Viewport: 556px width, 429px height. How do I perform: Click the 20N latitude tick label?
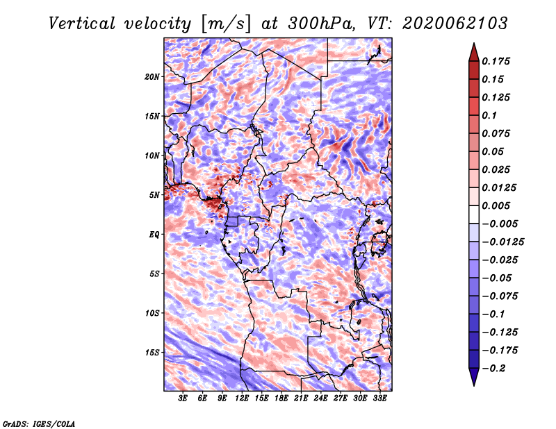tap(152, 77)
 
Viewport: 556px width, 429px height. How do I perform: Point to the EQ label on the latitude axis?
tap(154, 235)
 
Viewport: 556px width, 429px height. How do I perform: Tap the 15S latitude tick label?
tap(152, 353)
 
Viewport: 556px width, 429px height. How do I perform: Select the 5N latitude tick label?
tap(154, 195)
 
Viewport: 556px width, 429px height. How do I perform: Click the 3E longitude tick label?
tap(183, 398)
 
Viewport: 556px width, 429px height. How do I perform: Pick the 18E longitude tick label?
tap(281, 398)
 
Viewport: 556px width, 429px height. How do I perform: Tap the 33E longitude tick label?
tap(379, 398)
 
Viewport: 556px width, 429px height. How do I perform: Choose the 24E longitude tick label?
tap(320, 398)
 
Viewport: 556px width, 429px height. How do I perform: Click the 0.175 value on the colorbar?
tap(496, 61)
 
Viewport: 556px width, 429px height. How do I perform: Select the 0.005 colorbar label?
tap(496, 205)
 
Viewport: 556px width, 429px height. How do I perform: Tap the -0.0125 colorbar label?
tap(503, 242)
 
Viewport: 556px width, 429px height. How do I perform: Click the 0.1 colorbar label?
tap(489, 115)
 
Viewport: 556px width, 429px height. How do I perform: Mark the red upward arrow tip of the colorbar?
tap(474, 43)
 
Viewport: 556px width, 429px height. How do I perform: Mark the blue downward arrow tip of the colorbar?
tap(474, 385)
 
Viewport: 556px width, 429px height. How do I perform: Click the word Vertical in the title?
tap(82, 24)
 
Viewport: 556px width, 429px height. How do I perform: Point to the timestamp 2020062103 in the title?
tap(455, 24)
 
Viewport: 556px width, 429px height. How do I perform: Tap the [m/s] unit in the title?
tap(225, 24)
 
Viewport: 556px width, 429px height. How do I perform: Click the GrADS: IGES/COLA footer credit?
tap(39, 424)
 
